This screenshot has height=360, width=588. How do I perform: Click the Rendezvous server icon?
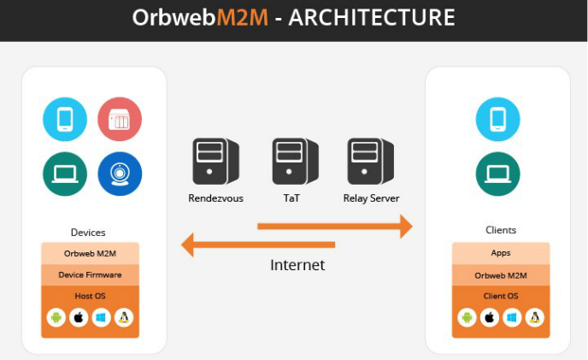click(x=215, y=162)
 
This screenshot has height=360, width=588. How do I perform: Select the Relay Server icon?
click(x=370, y=162)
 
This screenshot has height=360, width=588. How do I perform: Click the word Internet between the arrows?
click(x=297, y=265)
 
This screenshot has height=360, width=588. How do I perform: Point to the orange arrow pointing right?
click(x=334, y=227)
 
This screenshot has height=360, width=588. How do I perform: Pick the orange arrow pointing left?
click(x=257, y=246)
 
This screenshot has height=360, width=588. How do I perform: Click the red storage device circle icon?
click(x=120, y=120)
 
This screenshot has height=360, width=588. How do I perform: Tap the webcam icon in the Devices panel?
click(x=120, y=174)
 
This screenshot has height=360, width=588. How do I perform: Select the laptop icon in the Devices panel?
click(x=65, y=174)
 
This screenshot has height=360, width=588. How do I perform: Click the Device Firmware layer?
click(x=90, y=274)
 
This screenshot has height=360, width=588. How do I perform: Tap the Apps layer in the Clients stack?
click(x=501, y=253)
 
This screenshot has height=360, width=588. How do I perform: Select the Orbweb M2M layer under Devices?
click(x=90, y=253)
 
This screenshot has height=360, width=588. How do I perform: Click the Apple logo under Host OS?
click(x=79, y=318)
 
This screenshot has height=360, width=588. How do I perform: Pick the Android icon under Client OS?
click(x=467, y=318)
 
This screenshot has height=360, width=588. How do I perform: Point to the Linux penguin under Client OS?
click(x=534, y=318)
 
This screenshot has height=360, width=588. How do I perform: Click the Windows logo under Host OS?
click(x=101, y=318)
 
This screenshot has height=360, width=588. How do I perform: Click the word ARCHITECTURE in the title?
click(x=372, y=18)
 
